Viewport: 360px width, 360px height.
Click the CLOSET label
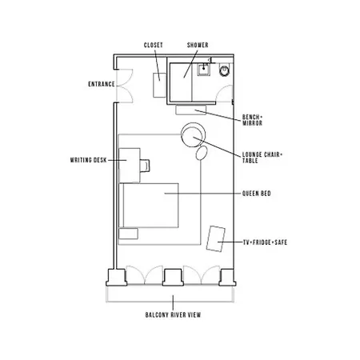coord(154,45)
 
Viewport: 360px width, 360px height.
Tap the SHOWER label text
coord(198,45)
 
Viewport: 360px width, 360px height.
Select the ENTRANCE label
coord(102,84)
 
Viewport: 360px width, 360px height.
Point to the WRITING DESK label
coord(89,160)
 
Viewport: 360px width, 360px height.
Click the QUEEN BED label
coord(257,194)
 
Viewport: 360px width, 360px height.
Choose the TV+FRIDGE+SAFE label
coord(266,242)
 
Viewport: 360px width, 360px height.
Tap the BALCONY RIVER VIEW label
coord(173,315)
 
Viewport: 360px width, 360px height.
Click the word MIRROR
coord(252,123)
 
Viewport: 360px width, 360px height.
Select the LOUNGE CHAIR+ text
coord(262,154)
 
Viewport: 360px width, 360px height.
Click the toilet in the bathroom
coord(224,70)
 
